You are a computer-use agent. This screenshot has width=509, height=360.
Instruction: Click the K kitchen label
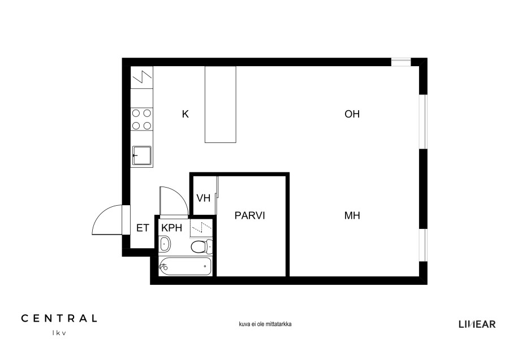point(186,114)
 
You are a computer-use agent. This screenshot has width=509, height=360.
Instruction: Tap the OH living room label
point(352,114)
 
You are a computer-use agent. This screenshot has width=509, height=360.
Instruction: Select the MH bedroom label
point(352,216)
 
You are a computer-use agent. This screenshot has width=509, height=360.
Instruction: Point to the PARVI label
point(249,216)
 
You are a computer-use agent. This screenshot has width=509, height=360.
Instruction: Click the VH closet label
point(204,198)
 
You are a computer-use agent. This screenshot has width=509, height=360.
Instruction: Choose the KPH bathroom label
point(172,228)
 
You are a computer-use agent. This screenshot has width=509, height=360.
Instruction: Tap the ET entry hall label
point(143,228)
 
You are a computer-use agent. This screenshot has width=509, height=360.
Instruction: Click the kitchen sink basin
point(142,155)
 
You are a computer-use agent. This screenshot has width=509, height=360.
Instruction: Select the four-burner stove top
point(142,119)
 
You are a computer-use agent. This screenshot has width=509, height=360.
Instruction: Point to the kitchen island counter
point(221,105)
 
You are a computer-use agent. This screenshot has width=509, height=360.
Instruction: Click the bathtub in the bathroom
point(186,266)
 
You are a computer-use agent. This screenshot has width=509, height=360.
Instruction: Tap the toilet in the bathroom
point(201,246)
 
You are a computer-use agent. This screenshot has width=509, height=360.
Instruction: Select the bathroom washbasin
point(165,244)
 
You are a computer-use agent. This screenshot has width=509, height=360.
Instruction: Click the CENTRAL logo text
point(59,319)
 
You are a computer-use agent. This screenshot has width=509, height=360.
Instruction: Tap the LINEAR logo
point(477,324)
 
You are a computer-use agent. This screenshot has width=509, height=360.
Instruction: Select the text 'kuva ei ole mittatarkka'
point(265,324)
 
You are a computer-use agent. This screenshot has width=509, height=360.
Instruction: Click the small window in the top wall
point(401,62)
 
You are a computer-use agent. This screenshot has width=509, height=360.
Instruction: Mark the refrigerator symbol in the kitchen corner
point(142,77)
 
